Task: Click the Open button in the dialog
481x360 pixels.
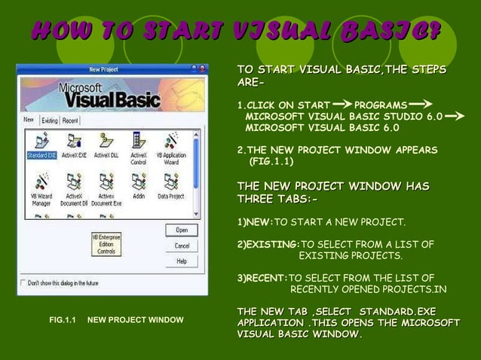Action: click(x=182, y=230)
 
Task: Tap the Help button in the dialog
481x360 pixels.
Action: click(x=182, y=261)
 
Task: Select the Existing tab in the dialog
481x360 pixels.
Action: click(x=50, y=121)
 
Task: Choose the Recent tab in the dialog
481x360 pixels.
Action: click(x=70, y=121)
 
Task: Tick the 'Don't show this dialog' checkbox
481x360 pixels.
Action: click(x=23, y=284)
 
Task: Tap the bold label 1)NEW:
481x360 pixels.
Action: click(x=255, y=222)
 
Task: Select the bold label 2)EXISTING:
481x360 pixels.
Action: click(x=268, y=245)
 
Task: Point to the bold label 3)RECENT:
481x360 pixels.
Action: click(x=262, y=278)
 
